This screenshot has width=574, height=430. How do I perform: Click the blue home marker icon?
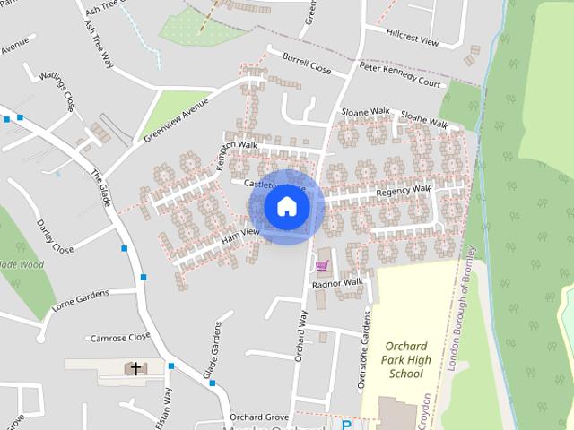pyautogui.click(x=287, y=206)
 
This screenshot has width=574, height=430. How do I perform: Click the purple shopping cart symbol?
pyautogui.click(x=321, y=265)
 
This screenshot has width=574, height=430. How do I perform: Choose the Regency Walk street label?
pyautogui.click(x=404, y=190)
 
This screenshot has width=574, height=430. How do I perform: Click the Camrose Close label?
pyautogui.click(x=120, y=338)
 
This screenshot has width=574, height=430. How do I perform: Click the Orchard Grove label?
pyautogui.click(x=257, y=417)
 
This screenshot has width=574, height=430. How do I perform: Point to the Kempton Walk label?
pyautogui.click(x=236, y=147)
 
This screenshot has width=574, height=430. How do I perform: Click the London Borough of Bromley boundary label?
pyautogui.click(x=465, y=314)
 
